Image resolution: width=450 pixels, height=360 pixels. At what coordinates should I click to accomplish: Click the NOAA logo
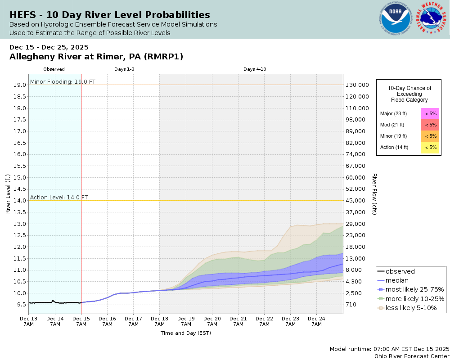coord(396,19)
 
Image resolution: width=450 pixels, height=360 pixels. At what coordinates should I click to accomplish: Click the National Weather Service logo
coord(432,19)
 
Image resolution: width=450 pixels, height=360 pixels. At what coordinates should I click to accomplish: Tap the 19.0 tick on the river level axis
coord(19,85)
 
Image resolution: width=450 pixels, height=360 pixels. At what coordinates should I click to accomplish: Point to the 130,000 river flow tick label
coord(357,85)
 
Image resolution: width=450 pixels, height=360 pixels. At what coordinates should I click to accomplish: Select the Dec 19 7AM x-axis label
coord(185,321)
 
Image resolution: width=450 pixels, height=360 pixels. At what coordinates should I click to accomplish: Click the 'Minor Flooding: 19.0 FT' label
coord(63,81)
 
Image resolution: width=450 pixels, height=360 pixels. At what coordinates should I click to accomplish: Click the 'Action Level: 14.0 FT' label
coord(59,197)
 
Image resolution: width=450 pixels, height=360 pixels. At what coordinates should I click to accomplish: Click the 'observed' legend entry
coord(400,271)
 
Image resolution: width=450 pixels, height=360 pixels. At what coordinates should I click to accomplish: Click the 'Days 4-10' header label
coord(255,69)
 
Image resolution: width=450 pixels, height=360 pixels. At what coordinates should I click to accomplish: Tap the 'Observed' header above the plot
coord(54,69)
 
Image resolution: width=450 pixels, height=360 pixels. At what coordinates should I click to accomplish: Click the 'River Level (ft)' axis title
coord(8,194)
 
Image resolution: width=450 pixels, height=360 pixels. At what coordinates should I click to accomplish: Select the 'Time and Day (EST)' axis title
coord(185,333)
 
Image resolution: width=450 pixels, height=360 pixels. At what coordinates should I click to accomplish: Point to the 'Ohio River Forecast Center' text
coord(412,356)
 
